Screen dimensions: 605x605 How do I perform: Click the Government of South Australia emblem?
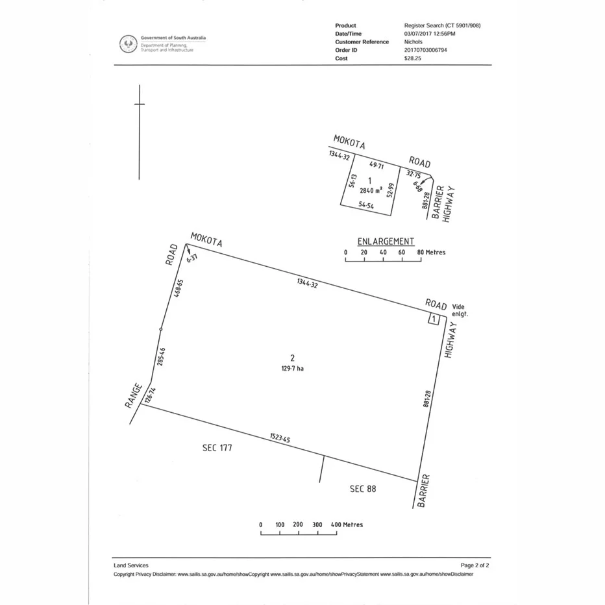[x=128, y=44]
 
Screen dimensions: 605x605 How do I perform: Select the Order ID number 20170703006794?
[x=425, y=50]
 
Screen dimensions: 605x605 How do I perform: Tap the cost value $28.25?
[x=412, y=58]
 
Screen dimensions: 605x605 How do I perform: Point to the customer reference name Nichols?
[x=414, y=42]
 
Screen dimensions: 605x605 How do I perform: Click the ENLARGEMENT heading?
[x=386, y=241]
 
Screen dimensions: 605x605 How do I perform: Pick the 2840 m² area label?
[x=371, y=191]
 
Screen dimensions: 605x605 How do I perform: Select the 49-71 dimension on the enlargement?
[x=377, y=166]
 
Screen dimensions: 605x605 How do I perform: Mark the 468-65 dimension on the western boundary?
[x=179, y=289]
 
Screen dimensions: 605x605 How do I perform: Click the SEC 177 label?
[x=217, y=448]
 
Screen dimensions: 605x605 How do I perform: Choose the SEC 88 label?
[x=362, y=489]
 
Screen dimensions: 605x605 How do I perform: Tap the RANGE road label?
[x=134, y=396]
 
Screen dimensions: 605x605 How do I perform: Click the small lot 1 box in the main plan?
[x=433, y=319]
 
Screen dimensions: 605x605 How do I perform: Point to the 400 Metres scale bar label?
[x=347, y=525]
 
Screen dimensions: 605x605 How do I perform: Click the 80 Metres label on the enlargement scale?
[x=431, y=253]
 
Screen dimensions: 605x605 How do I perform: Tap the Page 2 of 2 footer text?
[x=475, y=565]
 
